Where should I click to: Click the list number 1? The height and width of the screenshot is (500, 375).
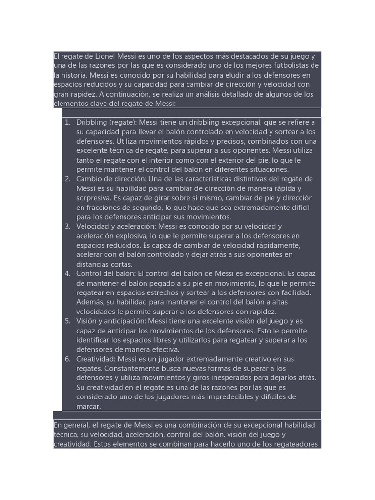point(67,122)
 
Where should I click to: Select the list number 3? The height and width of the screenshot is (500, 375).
point(67,226)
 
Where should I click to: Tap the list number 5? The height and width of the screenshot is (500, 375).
point(67,321)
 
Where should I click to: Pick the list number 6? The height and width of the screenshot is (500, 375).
point(67,359)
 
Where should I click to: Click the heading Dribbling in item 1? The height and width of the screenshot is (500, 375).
point(91,122)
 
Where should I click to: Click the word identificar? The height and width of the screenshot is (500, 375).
point(93,340)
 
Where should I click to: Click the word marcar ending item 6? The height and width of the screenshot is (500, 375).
point(88,406)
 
